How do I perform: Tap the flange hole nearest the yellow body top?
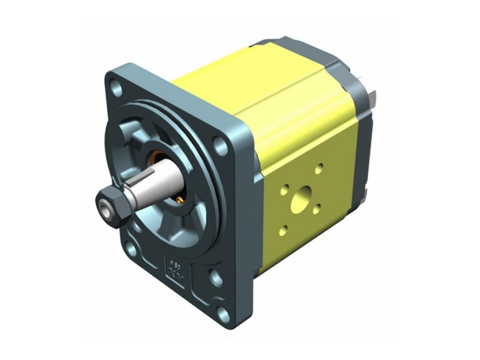tap(220, 145)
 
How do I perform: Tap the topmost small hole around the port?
tap(319, 167)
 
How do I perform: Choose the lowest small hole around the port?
tap(284, 229)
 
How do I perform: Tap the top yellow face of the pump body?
tap(262, 84)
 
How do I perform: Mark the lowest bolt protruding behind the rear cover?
tap(365, 192)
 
